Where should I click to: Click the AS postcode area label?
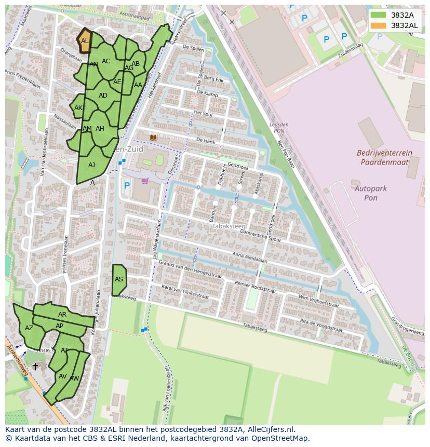pyautogui.click(x=119, y=279)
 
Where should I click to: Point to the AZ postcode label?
pyautogui.click(x=29, y=328)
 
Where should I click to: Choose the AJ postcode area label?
pyautogui.click(x=92, y=165)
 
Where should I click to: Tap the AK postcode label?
pyautogui.click(x=78, y=108)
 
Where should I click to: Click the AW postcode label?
pyautogui.click(x=74, y=378)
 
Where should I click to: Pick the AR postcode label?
pyautogui.click(x=62, y=315)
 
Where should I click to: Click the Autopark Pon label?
pyautogui.click(x=370, y=193)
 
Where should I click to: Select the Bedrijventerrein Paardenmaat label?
pyautogui.click(x=384, y=157)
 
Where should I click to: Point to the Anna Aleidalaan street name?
pyautogui.click(x=250, y=258)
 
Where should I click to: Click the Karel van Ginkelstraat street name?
pyautogui.click(x=184, y=291)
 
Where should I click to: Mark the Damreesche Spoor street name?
pyautogui.click(x=260, y=236)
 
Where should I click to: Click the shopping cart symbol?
pyautogui.click(x=145, y=181)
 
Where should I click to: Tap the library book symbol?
pyautogui.click(x=154, y=137)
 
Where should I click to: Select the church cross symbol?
pyautogui.click(x=35, y=367)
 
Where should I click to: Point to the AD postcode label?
pyautogui.click(x=103, y=96)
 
